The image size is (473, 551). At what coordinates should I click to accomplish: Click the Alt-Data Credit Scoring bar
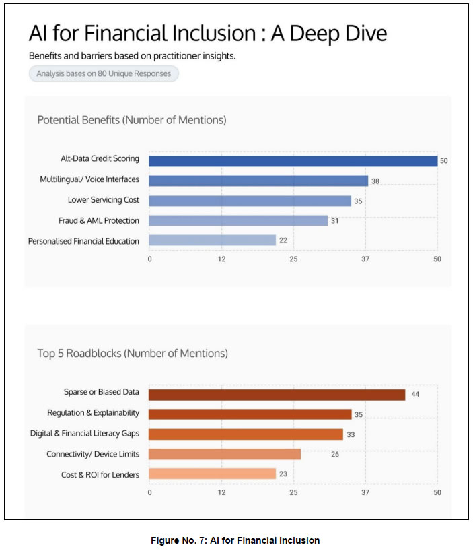tap(293, 160)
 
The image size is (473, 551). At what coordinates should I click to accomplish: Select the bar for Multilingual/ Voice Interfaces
tap(258, 181)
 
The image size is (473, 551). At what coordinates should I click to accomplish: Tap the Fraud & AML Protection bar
tap(238, 220)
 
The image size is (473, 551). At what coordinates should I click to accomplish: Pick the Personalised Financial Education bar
tap(213, 240)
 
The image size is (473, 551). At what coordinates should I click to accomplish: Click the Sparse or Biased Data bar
tap(277, 395)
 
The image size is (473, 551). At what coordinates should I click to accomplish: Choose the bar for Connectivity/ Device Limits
tap(225, 454)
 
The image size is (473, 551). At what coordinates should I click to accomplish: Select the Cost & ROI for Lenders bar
tap(213, 474)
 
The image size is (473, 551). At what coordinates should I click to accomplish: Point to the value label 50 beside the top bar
tap(443, 161)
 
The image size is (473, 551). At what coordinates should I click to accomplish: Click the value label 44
tap(415, 395)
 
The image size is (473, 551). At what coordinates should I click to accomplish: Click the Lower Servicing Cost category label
tap(104, 201)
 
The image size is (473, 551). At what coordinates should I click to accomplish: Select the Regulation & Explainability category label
tap(93, 413)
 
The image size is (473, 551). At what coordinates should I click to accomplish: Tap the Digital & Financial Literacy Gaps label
tap(85, 434)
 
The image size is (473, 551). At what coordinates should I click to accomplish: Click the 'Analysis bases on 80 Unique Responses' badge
tap(104, 74)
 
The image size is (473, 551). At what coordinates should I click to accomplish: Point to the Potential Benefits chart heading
tap(131, 120)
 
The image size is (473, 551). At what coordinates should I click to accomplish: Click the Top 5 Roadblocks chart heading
tap(133, 353)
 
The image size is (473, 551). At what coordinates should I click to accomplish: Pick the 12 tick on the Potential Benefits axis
tap(221, 259)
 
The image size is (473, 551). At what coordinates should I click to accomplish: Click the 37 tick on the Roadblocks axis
tap(365, 493)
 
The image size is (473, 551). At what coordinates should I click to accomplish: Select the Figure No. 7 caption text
tap(236, 540)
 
